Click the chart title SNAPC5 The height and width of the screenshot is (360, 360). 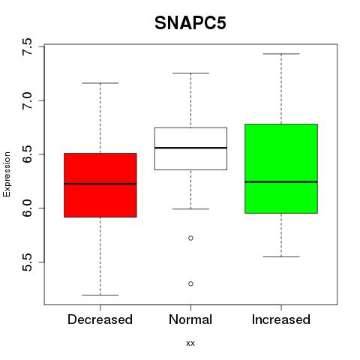[190, 23]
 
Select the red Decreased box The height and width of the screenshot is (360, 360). [100, 185]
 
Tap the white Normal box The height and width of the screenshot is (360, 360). [190, 148]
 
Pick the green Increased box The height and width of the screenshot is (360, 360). [281, 169]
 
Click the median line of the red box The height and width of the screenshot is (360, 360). [100, 184]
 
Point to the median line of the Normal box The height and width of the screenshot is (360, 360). [190, 148]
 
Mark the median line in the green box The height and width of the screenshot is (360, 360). [281, 181]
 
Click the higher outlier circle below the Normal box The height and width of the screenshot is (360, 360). [190, 238]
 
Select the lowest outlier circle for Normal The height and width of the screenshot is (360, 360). [190, 283]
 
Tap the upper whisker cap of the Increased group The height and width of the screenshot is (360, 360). [281, 54]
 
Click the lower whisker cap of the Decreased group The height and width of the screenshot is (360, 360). [100, 295]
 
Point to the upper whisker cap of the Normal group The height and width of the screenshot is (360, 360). [190, 73]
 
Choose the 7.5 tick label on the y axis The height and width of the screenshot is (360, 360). [27, 46]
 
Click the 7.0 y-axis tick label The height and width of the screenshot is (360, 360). [27, 100]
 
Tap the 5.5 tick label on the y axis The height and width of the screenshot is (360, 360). [27, 262]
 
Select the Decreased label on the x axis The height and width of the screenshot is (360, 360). [100, 319]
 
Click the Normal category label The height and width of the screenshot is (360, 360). [190, 319]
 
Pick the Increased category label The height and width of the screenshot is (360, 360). [281, 319]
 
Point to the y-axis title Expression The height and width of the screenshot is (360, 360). [7, 174]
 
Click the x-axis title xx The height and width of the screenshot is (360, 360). [190, 343]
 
